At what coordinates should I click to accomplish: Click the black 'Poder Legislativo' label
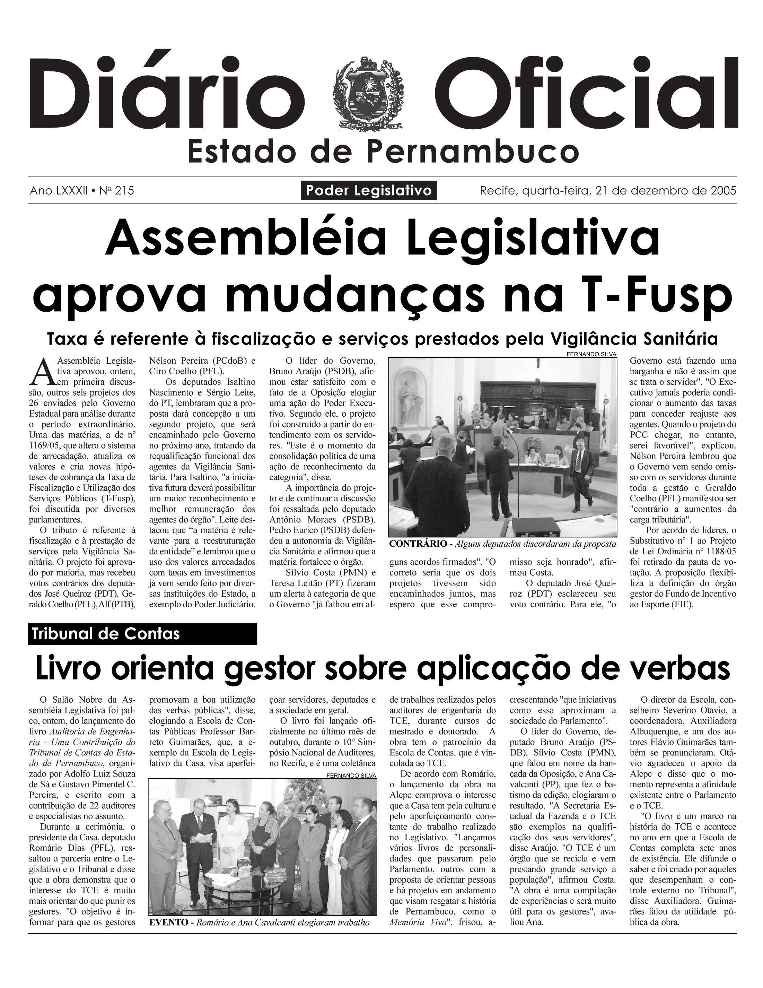(x=369, y=190)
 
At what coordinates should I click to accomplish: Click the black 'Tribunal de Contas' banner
(x=142, y=633)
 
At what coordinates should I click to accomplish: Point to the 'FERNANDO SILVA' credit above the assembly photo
(x=591, y=354)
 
